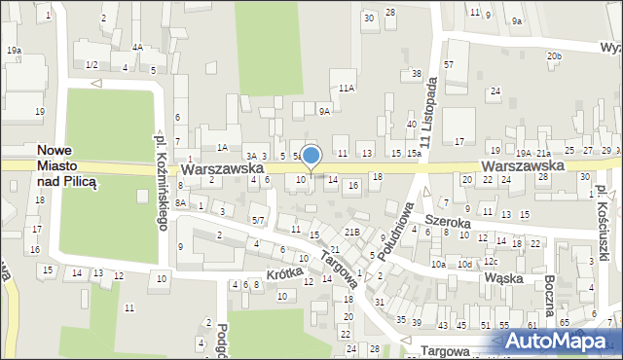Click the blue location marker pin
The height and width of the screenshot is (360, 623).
click(311, 157)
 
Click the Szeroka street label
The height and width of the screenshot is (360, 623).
click(448, 223)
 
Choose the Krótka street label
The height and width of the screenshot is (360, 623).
click(283, 275)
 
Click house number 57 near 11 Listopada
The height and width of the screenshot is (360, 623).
click(449, 63)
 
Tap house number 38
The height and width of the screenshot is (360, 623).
click(416, 74)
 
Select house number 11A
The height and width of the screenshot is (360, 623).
click(346, 88)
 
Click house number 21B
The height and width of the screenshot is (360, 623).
click(351, 232)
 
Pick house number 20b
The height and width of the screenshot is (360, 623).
click(554, 56)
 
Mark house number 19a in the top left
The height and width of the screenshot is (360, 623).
click(13, 50)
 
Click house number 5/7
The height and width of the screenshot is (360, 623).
click(258, 221)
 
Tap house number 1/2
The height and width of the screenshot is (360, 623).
click(91, 64)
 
